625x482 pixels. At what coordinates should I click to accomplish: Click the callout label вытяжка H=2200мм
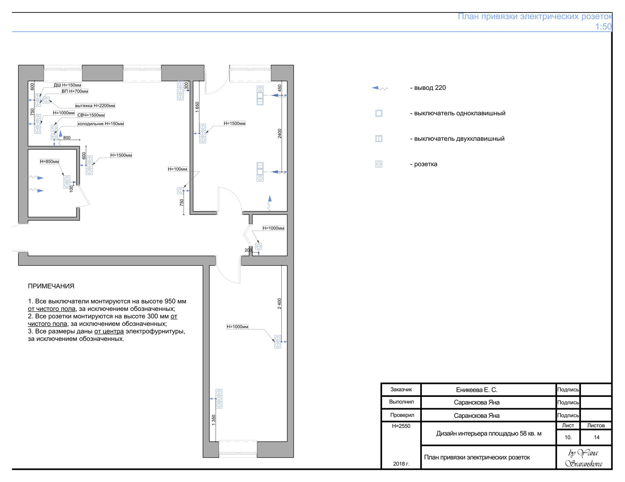95,105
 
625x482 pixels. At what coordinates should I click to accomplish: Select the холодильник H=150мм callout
100,124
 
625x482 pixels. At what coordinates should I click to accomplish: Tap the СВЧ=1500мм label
91,115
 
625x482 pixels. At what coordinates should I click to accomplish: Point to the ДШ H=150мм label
67,85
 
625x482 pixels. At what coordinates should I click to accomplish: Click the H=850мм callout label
50,162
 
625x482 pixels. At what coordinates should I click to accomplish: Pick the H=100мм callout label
177,169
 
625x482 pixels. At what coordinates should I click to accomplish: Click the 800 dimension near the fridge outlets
67,138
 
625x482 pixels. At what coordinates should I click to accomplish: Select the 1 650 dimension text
197,107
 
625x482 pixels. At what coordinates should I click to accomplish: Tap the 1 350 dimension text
213,420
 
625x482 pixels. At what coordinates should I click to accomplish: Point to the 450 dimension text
280,88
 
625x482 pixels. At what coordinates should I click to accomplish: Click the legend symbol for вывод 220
380,88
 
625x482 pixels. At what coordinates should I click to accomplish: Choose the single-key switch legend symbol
379,113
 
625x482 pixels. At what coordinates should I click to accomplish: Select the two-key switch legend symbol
379,139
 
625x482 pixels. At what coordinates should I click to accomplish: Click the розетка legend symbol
379,164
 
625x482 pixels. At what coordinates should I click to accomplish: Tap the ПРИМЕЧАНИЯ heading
51,286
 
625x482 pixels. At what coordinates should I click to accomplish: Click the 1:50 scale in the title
603,27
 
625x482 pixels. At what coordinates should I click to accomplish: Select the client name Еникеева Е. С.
477,390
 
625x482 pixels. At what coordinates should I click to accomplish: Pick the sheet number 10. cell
568,437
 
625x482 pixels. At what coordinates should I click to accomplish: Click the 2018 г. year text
401,464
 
